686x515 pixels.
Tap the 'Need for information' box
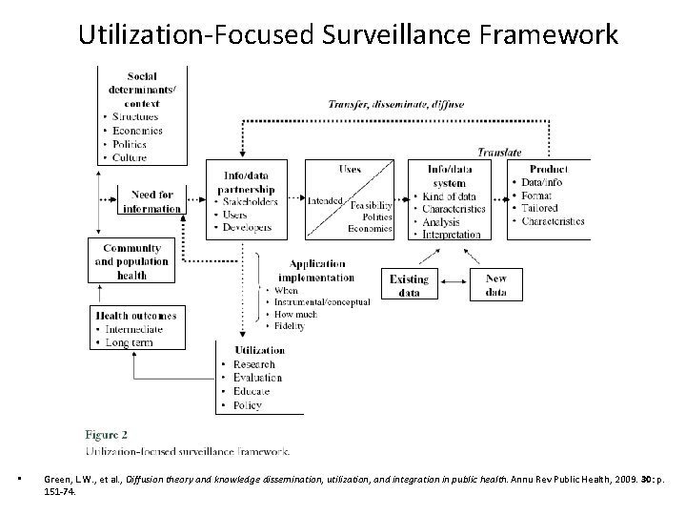(x=151, y=202)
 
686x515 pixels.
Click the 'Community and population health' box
(x=132, y=260)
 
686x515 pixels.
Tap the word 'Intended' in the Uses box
(x=326, y=201)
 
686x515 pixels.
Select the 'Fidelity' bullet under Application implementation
(x=289, y=326)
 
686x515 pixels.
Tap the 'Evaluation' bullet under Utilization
(x=257, y=378)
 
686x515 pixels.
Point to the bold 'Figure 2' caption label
(x=110, y=432)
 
